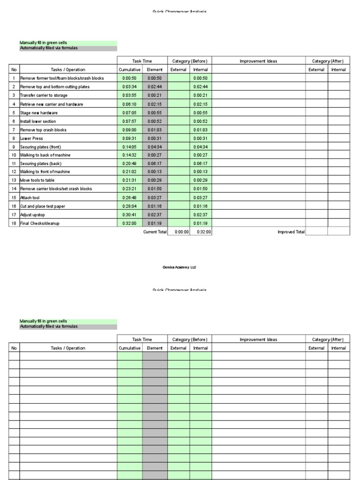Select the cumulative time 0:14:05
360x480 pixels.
pos(129,147)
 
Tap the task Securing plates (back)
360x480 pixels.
pos(39,164)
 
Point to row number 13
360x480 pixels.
pos(14,180)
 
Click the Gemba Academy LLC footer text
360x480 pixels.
pos(180,267)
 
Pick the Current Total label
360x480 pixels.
pos(155,232)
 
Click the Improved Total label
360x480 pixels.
pos(291,232)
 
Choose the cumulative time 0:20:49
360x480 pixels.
pos(129,164)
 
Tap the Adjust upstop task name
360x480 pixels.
pos(33,215)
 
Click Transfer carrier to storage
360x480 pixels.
pos(44,96)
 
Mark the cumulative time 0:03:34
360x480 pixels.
pos(129,87)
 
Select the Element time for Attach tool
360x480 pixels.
pos(155,198)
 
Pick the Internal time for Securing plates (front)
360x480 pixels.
pos(201,147)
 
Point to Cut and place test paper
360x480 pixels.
pos(44,206)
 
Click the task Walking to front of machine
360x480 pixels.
pos(45,172)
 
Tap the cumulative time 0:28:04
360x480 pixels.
pos(129,206)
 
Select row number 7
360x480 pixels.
pos(14,129)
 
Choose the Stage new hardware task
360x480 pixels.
pos(39,112)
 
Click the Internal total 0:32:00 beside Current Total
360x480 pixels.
pos(203,232)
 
